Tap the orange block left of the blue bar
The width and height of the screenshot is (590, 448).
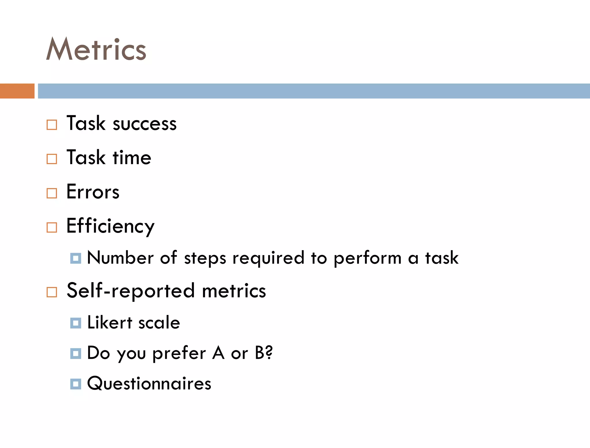coord(17,91)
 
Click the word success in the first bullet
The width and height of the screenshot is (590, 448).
coord(145,124)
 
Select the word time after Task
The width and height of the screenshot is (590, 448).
coord(132,158)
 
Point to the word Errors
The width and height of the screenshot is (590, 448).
coord(93,192)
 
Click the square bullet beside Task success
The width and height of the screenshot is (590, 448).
coord(52,125)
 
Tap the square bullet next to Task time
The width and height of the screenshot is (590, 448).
coord(52,159)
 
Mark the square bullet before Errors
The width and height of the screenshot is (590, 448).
coord(52,193)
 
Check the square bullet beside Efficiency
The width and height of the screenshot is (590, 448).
coord(52,227)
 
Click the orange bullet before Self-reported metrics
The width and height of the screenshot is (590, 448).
coord(52,292)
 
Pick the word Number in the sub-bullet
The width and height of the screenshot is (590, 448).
coord(120,258)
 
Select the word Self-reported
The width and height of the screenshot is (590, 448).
coord(131,291)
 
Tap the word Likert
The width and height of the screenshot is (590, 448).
coord(109,322)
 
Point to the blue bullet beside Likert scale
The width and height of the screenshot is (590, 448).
coord(75,323)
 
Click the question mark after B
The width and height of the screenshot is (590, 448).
coord(269,352)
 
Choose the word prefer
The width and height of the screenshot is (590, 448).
coord(179,353)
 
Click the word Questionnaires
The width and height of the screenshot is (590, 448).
coord(149,384)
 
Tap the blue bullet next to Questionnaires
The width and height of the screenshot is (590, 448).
coord(75,384)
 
